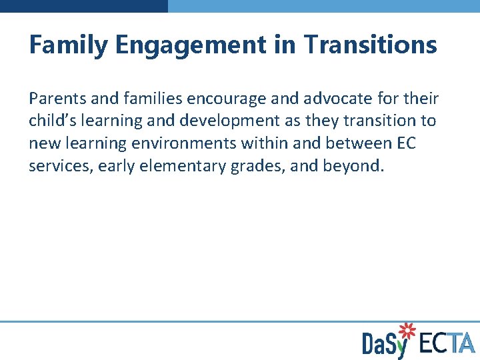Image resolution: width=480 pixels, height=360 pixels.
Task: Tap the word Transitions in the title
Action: click(x=370, y=45)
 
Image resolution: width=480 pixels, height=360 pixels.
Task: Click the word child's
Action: click(x=53, y=121)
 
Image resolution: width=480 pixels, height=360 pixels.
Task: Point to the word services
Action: click(x=59, y=165)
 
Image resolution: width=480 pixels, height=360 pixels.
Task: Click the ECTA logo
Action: click(x=447, y=343)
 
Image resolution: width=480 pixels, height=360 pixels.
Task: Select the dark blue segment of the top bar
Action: click(x=84, y=5)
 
